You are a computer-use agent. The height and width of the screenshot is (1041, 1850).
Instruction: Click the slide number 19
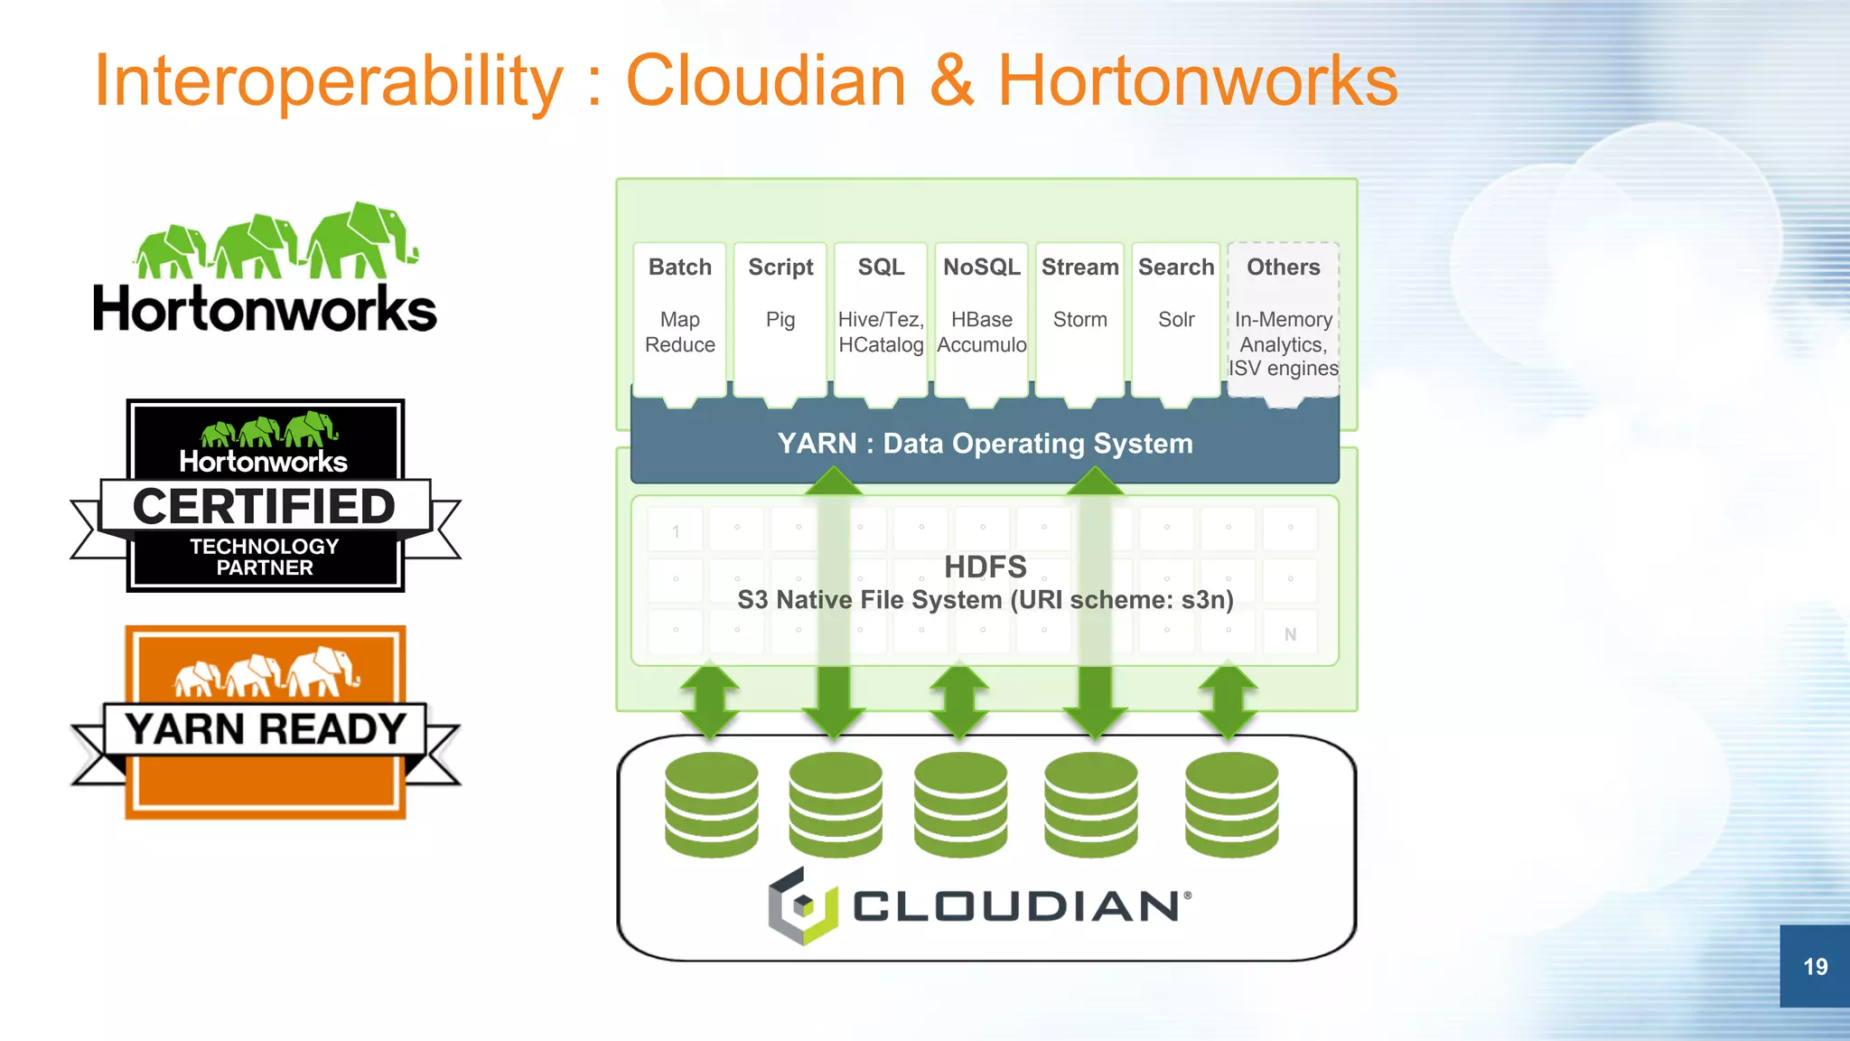1815,966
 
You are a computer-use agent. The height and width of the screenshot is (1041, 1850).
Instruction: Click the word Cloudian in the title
765,81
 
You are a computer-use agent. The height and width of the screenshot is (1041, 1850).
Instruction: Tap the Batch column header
680,267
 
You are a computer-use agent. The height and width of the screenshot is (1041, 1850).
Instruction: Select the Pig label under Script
780,320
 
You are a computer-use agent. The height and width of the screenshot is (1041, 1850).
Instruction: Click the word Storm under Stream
1079,320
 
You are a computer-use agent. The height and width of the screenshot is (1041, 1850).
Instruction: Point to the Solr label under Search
1176,320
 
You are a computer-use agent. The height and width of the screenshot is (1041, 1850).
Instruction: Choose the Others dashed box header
1283,267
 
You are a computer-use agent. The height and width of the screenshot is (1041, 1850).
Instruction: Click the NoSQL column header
981,267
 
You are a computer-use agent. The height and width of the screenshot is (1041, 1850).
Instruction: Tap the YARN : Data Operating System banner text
985,444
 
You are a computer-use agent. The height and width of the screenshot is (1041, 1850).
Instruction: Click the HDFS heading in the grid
985,567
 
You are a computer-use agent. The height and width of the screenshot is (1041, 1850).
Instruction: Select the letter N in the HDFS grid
1290,634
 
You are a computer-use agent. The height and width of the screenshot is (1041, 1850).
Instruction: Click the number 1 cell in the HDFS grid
676,531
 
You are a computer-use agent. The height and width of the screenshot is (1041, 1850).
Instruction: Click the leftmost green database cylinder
712,804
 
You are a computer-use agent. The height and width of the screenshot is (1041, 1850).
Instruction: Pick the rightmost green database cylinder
1231,804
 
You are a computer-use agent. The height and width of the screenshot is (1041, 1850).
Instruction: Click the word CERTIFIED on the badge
264,506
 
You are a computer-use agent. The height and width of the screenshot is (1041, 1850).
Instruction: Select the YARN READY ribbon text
265,729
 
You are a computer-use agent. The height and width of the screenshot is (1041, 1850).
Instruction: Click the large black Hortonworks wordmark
265,310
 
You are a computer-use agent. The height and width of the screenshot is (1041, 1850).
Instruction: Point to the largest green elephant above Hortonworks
361,239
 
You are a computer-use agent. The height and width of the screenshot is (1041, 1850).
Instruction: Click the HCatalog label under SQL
881,345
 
